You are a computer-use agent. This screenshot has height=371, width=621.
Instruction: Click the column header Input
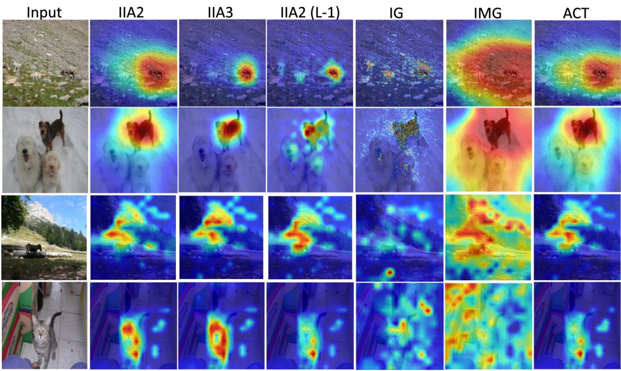[x=44, y=13]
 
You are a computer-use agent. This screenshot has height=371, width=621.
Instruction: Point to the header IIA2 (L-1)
[x=310, y=13]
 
